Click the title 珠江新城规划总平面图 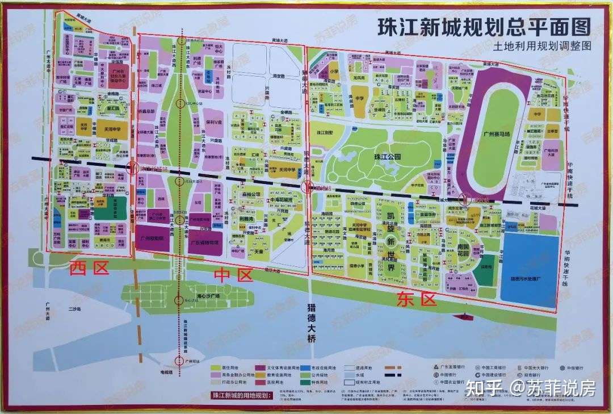tap(484, 27)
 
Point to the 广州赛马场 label tap(494, 133)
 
